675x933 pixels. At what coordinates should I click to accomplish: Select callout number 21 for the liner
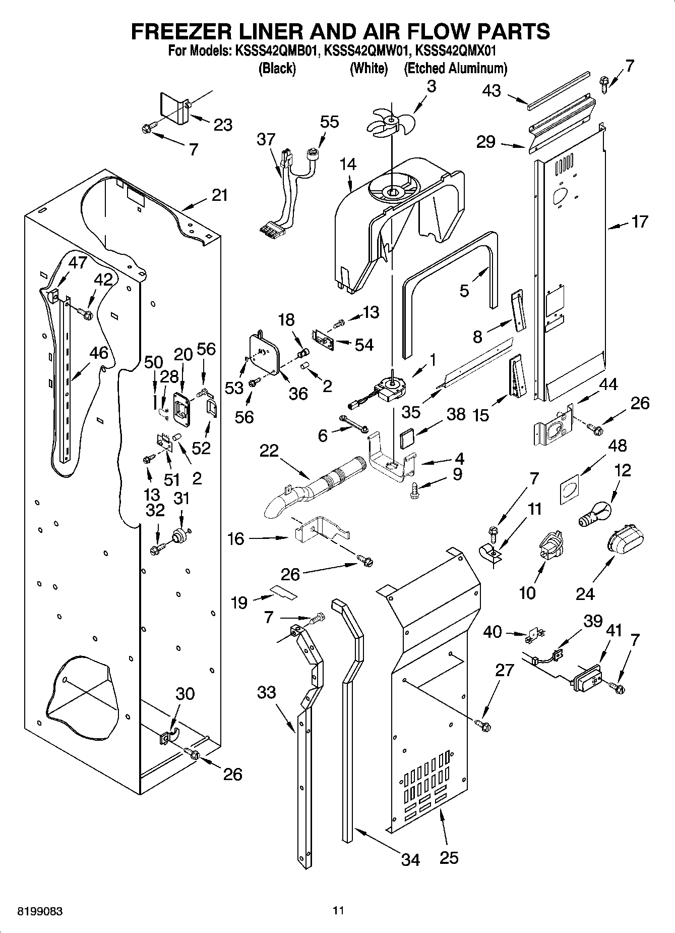click(x=220, y=195)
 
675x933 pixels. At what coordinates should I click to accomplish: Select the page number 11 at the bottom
click(x=338, y=910)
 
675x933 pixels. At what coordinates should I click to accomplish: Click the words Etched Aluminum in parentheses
click(x=455, y=68)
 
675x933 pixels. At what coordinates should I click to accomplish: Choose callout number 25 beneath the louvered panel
click(x=449, y=857)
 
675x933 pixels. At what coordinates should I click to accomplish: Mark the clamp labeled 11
click(x=489, y=552)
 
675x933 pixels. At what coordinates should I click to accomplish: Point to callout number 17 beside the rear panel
click(x=639, y=222)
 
